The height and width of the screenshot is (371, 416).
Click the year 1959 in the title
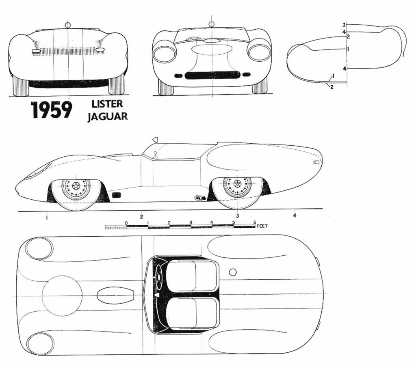click(52, 110)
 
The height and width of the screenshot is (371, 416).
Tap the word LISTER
click(107, 104)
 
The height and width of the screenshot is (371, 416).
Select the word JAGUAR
click(107, 116)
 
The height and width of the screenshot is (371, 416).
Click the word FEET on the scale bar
click(262, 226)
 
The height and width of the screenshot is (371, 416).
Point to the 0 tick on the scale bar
click(127, 223)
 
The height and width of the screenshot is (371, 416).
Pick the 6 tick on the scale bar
click(255, 222)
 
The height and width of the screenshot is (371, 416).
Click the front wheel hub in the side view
click(76, 186)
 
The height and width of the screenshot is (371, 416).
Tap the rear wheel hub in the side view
click(237, 183)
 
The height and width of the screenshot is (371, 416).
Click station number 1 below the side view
click(47, 218)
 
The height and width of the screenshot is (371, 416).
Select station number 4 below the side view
click(295, 216)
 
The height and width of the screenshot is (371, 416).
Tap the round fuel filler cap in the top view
click(233, 272)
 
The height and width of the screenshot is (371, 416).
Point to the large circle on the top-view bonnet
click(62, 296)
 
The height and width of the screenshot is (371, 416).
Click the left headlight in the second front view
click(165, 52)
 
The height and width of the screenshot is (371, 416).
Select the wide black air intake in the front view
click(212, 75)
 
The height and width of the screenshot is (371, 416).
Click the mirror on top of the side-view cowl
click(155, 139)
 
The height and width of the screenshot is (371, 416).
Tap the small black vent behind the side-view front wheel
click(116, 195)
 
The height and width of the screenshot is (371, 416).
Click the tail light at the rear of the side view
click(316, 162)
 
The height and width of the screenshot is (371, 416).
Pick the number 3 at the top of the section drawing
click(343, 25)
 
